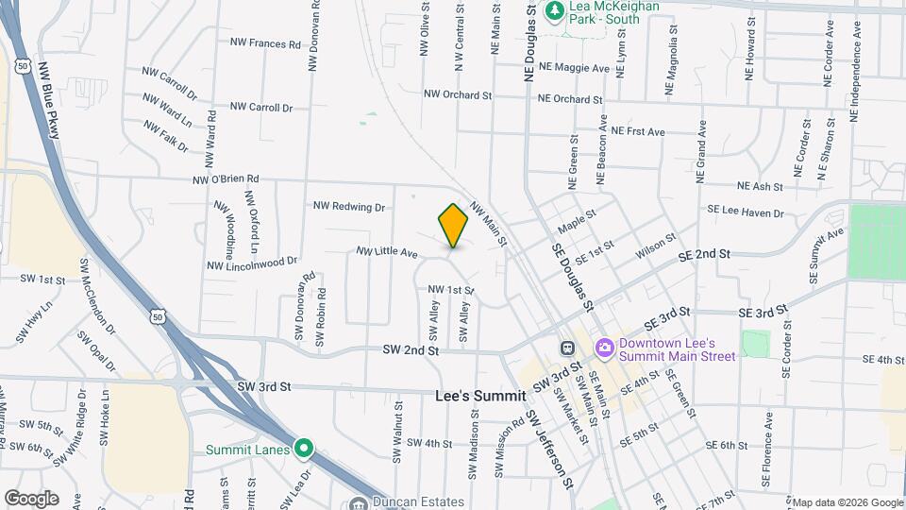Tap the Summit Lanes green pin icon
tap(303, 448)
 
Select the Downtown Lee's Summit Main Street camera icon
tap(604, 348)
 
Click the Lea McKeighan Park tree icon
tap(556, 10)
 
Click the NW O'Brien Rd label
tap(226, 179)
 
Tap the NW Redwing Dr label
tap(350, 206)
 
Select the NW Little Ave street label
tap(387, 252)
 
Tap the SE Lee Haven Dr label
tap(746, 212)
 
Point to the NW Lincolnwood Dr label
tap(252, 262)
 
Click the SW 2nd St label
tap(411, 349)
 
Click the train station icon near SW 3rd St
tap(566, 348)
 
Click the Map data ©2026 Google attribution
tap(847, 502)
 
